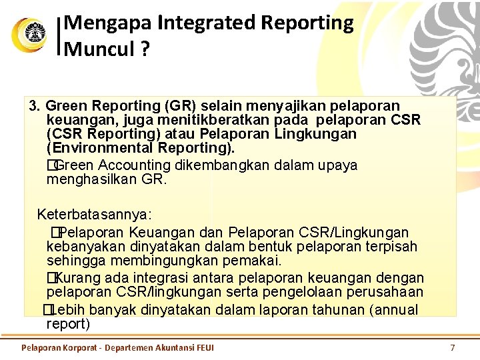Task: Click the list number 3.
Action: [x=35, y=106]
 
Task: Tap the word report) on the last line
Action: [x=68, y=324]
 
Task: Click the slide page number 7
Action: [x=453, y=347]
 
